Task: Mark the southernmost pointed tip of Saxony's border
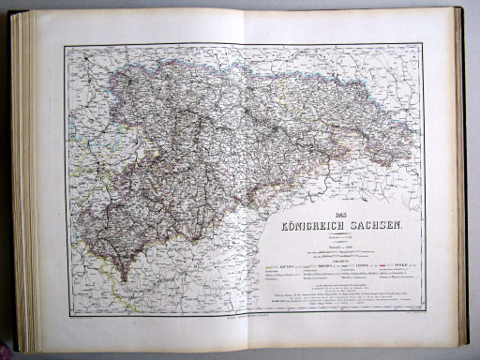point(123,281)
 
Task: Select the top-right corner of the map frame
point(423,43)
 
